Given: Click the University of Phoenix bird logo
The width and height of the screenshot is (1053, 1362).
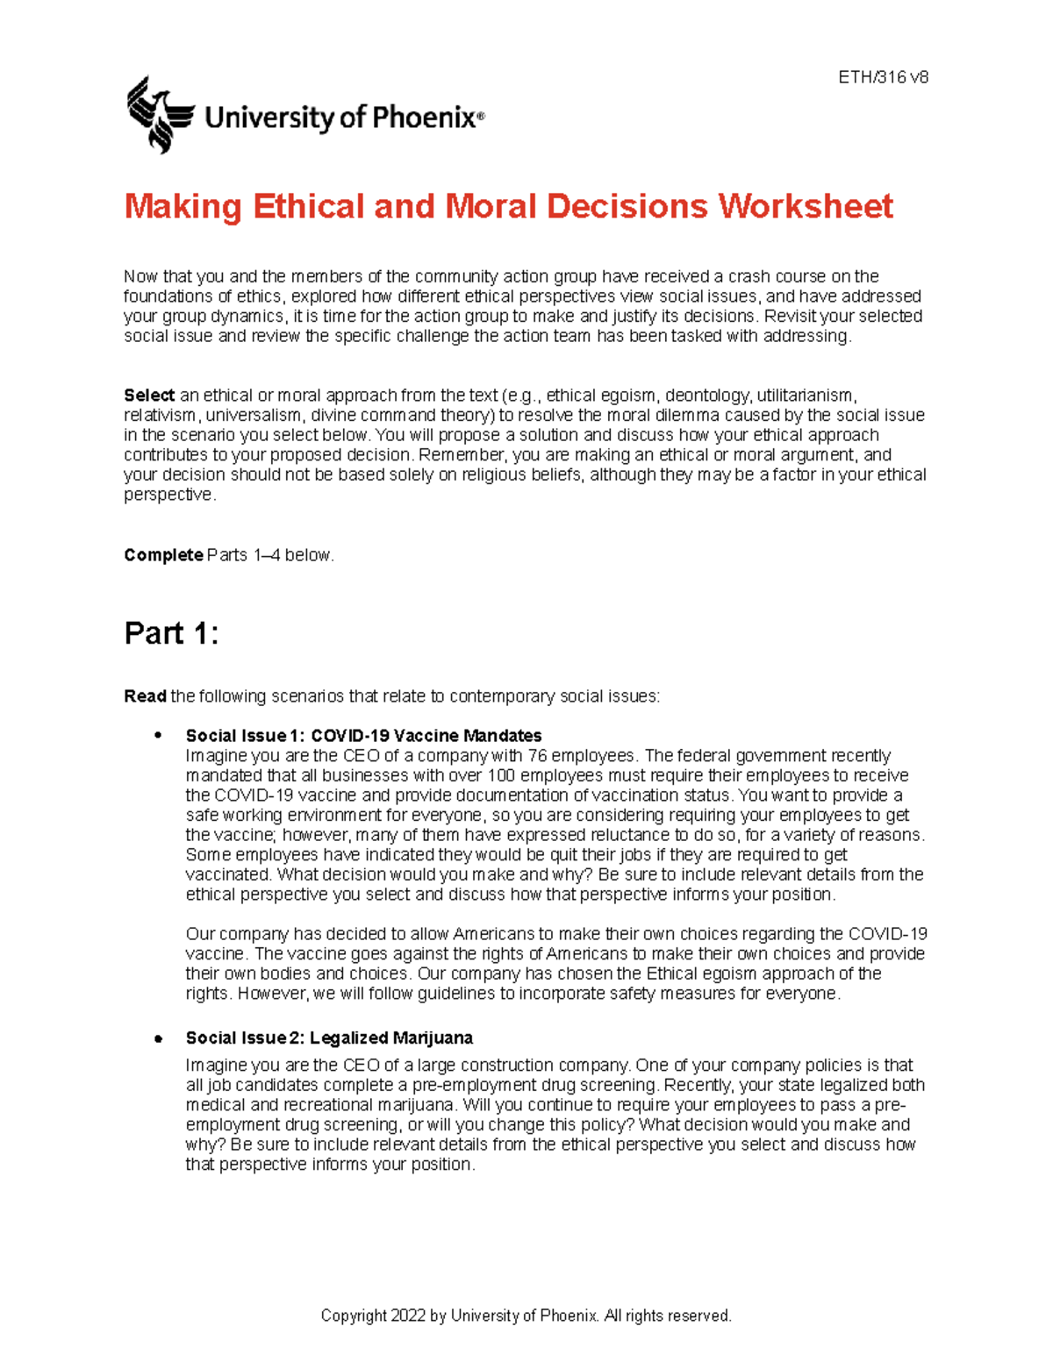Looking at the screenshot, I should pyautogui.click(x=159, y=115).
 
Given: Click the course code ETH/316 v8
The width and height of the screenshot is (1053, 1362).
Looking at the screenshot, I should pyautogui.click(x=883, y=77).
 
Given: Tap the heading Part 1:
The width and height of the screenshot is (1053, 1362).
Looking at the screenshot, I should pyautogui.click(x=171, y=633).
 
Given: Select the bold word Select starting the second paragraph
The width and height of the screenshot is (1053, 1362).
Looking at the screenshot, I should pyautogui.click(x=149, y=396).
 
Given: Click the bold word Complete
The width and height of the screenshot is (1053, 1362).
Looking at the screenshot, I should pyautogui.click(x=163, y=555).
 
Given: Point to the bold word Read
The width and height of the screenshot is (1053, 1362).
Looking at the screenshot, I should pyautogui.click(x=145, y=696).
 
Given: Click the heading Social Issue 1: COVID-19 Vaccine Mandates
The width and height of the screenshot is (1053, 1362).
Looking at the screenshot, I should pyautogui.click(x=363, y=736).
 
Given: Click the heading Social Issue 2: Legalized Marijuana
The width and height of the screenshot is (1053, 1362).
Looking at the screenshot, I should pyautogui.click(x=329, y=1038).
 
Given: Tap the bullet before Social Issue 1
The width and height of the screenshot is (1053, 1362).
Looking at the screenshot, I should pyautogui.click(x=159, y=735).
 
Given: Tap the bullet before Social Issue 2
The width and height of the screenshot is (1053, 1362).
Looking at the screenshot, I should pyautogui.click(x=159, y=1039).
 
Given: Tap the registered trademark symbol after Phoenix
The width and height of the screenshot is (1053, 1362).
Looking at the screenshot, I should pyautogui.click(x=480, y=115).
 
